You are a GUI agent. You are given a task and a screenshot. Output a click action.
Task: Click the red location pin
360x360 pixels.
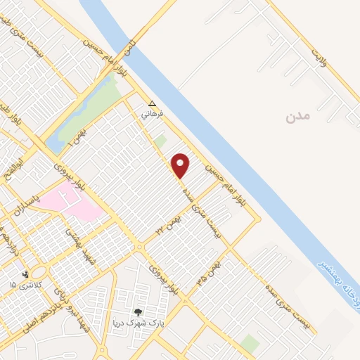click(x=181, y=165)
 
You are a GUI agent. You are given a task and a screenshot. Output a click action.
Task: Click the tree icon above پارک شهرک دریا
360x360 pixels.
click(x=138, y=312)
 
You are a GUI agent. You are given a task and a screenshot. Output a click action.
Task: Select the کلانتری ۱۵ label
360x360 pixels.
click(x=26, y=284)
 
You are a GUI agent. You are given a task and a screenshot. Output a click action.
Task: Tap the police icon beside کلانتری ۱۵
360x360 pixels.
click(x=25, y=274)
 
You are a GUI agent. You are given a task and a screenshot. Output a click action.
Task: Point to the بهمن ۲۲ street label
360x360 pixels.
click(x=168, y=224)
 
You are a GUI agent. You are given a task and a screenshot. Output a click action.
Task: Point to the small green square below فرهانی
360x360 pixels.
click(x=160, y=141)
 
